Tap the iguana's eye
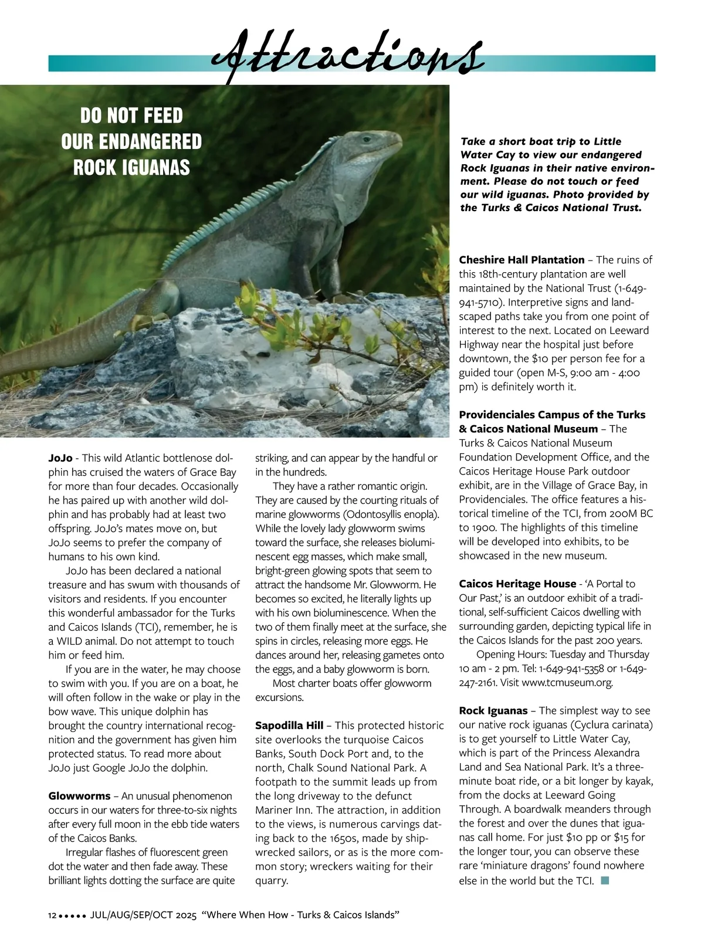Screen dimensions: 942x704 point(367,140)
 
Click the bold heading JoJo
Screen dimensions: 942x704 point(60,458)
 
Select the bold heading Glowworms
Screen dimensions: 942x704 point(79,796)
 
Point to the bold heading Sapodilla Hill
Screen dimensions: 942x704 point(289,726)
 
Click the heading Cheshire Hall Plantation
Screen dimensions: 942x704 point(522,260)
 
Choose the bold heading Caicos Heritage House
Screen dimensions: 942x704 point(517,584)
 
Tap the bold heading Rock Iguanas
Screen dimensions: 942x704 point(493,710)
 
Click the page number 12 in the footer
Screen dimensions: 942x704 point(52,916)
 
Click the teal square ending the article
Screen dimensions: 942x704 point(606,880)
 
